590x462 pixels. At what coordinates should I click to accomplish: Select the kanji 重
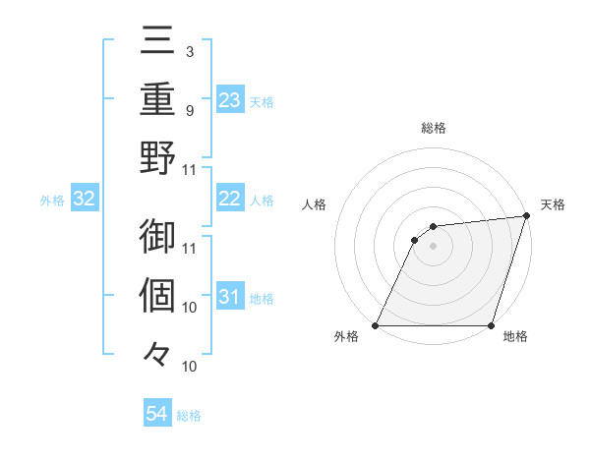click(157, 101)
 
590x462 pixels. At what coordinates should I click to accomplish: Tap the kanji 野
click(157, 156)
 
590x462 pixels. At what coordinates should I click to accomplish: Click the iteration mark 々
click(157, 351)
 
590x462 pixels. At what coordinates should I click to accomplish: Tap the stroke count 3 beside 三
click(189, 50)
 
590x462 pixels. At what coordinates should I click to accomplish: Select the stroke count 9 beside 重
click(189, 109)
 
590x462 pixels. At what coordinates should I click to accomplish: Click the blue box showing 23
click(229, 100)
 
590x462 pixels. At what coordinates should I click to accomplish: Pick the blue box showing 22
click(229, 199)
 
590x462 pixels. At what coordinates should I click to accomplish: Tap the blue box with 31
click(229, 297)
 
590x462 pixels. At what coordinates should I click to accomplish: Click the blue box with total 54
click(157, 414)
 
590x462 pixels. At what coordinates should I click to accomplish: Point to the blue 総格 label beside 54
click(189, 416)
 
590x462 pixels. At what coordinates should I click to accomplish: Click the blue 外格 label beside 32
click(52, 201)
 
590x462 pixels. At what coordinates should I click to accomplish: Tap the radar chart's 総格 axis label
click(433, 128)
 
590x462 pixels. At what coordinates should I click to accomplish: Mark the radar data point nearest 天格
click(527, 216)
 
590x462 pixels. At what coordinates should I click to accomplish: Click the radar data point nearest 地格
click(491, 325)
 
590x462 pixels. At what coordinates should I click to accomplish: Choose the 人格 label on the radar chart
click(315, 204)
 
